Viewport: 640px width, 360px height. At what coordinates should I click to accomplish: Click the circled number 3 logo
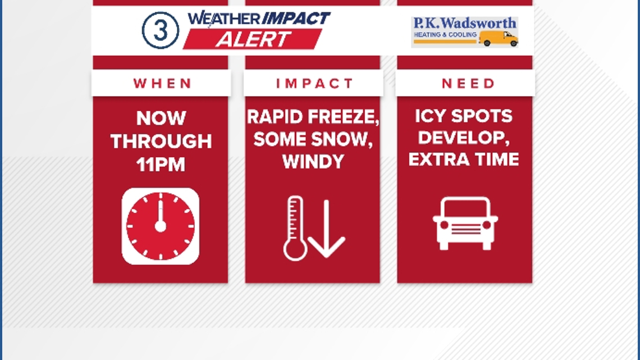(161, 30)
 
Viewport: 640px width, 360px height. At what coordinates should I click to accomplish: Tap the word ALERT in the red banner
(253, 39)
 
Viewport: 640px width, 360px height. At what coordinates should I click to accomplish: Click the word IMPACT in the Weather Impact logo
(295, 19)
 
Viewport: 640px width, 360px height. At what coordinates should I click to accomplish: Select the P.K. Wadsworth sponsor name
(464, 23)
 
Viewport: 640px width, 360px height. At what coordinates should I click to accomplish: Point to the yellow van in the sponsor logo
(499, 38)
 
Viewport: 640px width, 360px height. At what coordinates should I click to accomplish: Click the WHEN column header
(162, 83)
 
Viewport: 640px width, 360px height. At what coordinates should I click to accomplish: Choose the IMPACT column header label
(314, 83)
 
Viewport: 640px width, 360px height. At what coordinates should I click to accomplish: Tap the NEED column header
(468, 83)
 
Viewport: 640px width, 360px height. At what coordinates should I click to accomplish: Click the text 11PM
(161, 165)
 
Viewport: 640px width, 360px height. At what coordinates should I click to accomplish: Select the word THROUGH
(161, 141)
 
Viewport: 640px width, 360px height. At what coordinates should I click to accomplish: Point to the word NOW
(161, 119)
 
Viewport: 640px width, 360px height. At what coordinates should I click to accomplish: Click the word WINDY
(313, 162)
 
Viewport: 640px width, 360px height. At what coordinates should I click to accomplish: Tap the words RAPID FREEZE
(313, 117)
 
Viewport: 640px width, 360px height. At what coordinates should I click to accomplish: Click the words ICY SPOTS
(464, 116)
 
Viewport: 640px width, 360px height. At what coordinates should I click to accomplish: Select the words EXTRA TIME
(464, 159)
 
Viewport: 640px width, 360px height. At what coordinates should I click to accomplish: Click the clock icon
(161, 226)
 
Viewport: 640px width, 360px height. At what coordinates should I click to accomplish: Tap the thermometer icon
(294, 228)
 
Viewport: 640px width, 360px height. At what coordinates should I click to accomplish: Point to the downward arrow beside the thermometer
(326, 229)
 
